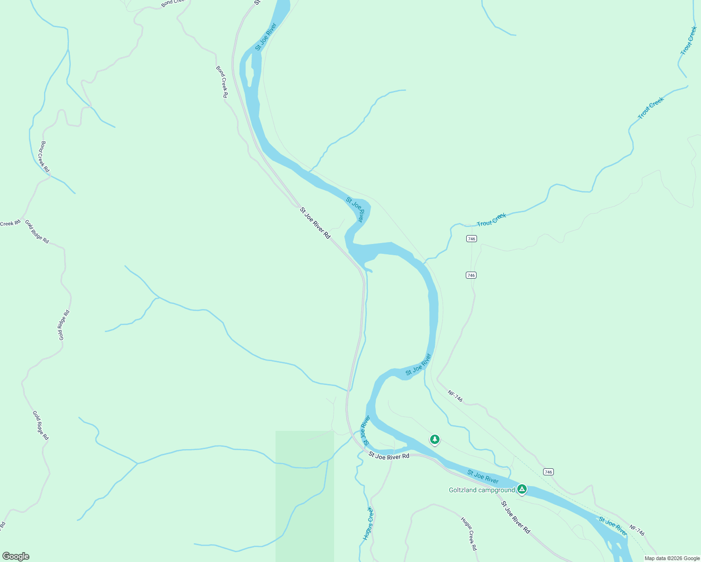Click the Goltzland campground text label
pos(482,490)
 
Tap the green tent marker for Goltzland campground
pos(522,489)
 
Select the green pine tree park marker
pos(435,439)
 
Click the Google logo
pos(15,556)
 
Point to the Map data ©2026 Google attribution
pos(671,558)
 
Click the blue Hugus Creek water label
pos(368,523)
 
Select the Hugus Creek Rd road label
pos(469,533)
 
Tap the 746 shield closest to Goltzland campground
pos(548,472)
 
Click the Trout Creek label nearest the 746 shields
pos(492,220)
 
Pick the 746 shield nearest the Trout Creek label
pos(471,239)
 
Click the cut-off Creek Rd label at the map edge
pos(10,223)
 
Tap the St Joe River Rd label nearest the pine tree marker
pos(389,456)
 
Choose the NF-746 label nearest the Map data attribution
pos(637,530)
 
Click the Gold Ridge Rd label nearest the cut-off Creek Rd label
pos(37,231)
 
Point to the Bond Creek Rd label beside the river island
pos(222,82)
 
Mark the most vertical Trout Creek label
pos(689,40)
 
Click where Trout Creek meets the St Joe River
pos(425,261)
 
